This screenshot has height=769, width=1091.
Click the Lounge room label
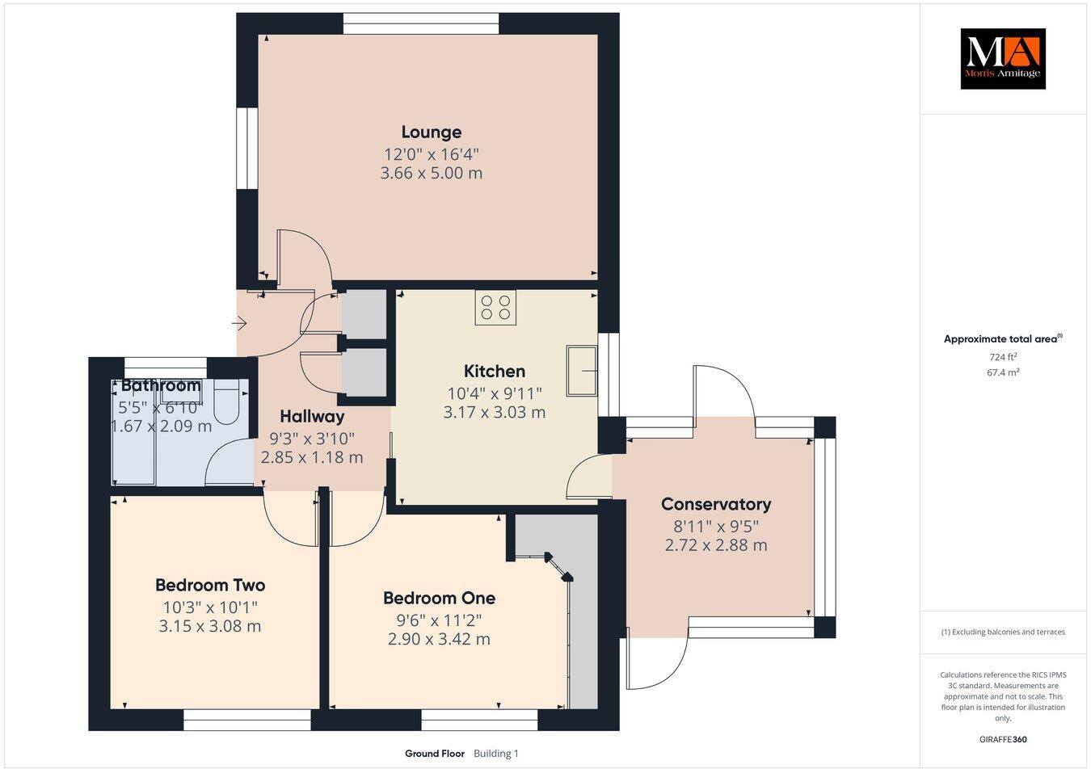click(x=432, y=132)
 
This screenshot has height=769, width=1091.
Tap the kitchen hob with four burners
click(x=495, y=307)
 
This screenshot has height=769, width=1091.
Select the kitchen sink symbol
click(x=581, y=371)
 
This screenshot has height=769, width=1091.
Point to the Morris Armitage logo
click(x=1002, y=58)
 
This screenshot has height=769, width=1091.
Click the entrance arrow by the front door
click(x=239, y=324)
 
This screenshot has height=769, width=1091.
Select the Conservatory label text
click(x=715, y=504)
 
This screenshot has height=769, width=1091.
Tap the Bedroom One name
click(x=439, y=598)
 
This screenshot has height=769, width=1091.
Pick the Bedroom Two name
click(x=210, y=585)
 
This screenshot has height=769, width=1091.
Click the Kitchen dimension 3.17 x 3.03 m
click(x=494, y=412)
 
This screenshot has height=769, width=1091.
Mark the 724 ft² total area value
click(x=1002, y=356)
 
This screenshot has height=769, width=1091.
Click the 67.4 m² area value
click(x=1003, y=372)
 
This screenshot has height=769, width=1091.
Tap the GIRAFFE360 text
click(x=1002, y=738)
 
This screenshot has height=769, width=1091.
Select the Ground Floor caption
click(x=434, y=754)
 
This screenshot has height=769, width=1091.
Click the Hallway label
click(x=312, y=417)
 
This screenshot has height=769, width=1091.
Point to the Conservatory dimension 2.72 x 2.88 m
click(x=715, y=545)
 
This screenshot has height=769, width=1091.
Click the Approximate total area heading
click(x=1002, y=339)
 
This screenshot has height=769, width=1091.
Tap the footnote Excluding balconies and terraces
click(x=1002, y=632)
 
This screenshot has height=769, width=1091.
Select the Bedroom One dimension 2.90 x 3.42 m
click(x=439, y=639)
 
